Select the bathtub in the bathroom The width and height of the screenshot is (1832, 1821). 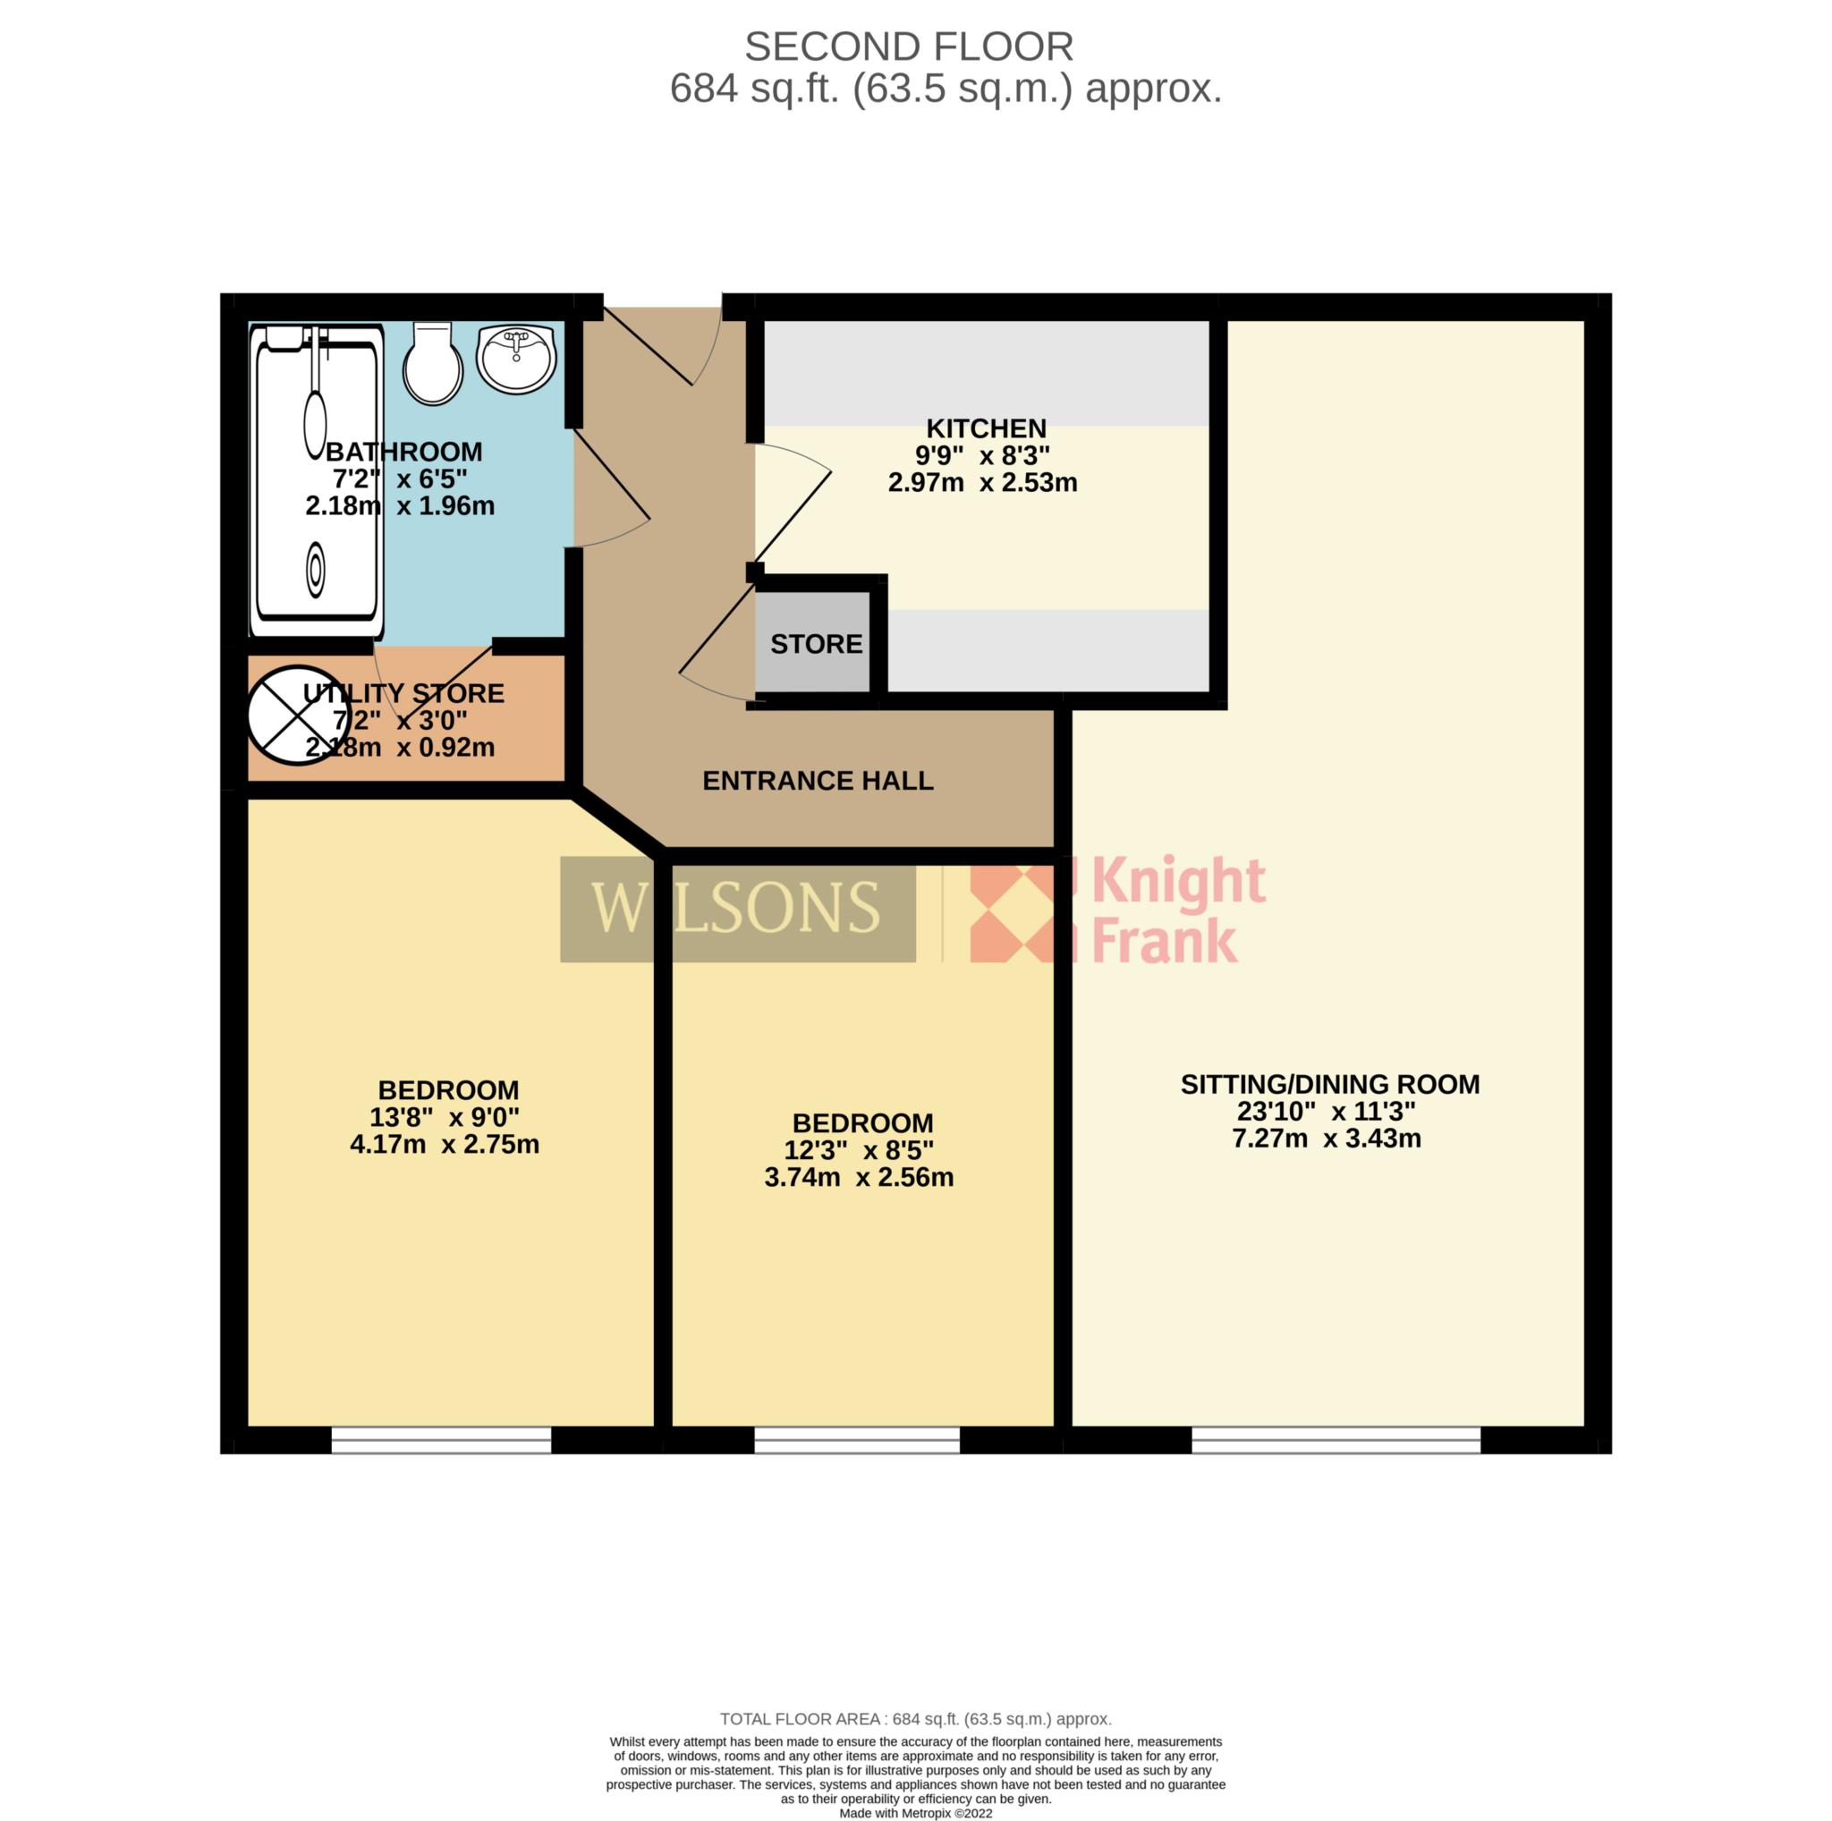(x=317, y=480)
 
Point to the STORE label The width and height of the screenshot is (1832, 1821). (x=817, y=645)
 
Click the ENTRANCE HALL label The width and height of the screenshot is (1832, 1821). (x=818, y=780)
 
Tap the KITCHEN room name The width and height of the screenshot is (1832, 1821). (x=986, y=428)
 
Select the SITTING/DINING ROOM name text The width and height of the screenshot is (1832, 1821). (x=1329, y=1084)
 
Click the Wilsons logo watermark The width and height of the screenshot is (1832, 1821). (x=738, y=909)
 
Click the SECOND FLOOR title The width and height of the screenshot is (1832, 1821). (x=909, y=47)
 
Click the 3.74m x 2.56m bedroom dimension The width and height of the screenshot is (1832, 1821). (x=858, y=1177)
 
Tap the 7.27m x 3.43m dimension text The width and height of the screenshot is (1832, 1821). (x=1327, y=1139)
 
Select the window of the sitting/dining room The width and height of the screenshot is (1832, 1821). (x=1336, y=1440)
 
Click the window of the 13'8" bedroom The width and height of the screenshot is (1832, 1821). (x=441, y=1440)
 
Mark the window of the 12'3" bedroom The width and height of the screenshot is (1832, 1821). (x=857, y=1440)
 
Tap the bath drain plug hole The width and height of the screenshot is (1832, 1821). (x=315, y=570)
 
